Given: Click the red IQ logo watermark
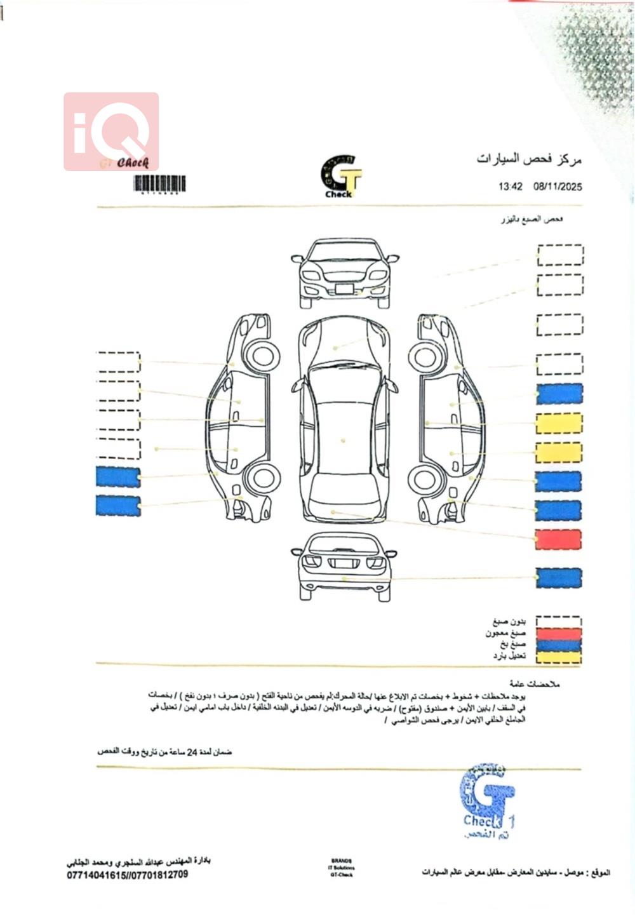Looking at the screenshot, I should pyautogui.click(x=111, y=131).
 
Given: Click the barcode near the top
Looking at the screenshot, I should pyautogui.click(x=159, y=184).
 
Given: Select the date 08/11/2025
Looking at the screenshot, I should pyautogui.click(x=558, y=187).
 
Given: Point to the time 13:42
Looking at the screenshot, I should pyautogui.click(x=511, y=187).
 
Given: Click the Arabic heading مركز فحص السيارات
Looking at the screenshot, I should pyautogui.click(x=529, y=159).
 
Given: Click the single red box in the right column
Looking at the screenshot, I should pyautogui.click(x=558, y=539).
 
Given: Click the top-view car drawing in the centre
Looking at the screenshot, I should pyautogui.click(x=344, y=419).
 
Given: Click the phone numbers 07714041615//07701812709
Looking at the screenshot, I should pyautogui.click(x=128, y=875).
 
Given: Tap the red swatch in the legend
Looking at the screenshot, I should pyautogui.click(x=558, y=634).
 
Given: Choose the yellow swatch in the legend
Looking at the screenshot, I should pyautogui.click(x=558, y=657).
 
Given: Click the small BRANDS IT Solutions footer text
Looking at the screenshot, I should pyautogui.click(x=341, y=868).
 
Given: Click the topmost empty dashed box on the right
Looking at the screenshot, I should pyautogui.click(x=560, y=255).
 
